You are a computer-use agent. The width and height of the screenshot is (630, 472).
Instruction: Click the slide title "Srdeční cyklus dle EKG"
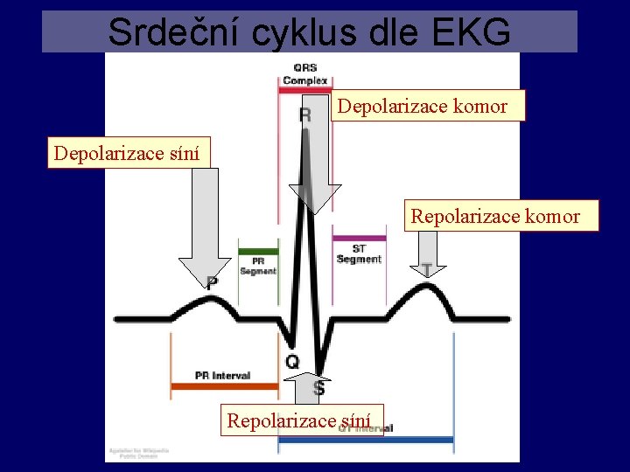(309, 31)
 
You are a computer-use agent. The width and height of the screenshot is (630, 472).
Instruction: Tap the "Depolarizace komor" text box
(423, 106)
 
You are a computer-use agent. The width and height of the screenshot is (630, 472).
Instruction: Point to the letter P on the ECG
(212, 282)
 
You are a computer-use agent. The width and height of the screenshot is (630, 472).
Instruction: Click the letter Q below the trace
(292, 361)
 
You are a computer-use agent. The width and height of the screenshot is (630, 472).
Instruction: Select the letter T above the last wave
(427, 271)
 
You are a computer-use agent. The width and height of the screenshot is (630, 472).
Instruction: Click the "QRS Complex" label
(305, 74)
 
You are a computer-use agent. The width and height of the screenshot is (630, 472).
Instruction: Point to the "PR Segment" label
(258, 266)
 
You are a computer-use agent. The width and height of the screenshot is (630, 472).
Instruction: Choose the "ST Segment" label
(359, 254)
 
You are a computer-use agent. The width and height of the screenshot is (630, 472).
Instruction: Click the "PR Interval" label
(222, 376)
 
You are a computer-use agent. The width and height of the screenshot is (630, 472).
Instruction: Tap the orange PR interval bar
(222, 385)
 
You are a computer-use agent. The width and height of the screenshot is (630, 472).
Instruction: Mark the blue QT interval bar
(366, 439)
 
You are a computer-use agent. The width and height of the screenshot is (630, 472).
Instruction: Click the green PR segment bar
(258, 251)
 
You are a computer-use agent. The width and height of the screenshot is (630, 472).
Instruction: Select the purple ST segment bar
(359, 238)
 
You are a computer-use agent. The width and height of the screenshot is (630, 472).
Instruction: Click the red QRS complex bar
(304, 89)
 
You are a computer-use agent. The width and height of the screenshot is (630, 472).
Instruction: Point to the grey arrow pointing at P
(204, 227)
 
